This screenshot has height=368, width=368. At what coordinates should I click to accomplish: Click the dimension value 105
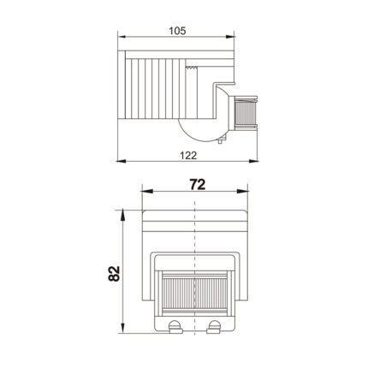click(x=177, y=31)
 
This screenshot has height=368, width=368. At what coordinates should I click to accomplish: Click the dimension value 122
click(x=188, y=156)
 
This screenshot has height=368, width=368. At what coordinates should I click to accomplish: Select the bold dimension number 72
click(x=198, y=185)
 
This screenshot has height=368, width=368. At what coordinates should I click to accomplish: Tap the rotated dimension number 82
click(x=115, y=274)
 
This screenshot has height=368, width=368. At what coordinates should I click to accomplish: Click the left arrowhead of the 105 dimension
click(x=122, y=37)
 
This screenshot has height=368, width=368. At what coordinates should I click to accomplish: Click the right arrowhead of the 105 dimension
click(x=230, y=37)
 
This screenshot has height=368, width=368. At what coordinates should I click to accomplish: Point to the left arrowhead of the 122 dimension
click(x=121, y=161)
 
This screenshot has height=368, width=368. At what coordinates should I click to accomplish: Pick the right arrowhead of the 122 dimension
click(x=253, y=161)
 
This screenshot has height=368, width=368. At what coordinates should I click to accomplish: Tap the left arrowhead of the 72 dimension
click(x=147, y=192)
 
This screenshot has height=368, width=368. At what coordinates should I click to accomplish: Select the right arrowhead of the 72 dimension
click(x=242, y=192)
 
